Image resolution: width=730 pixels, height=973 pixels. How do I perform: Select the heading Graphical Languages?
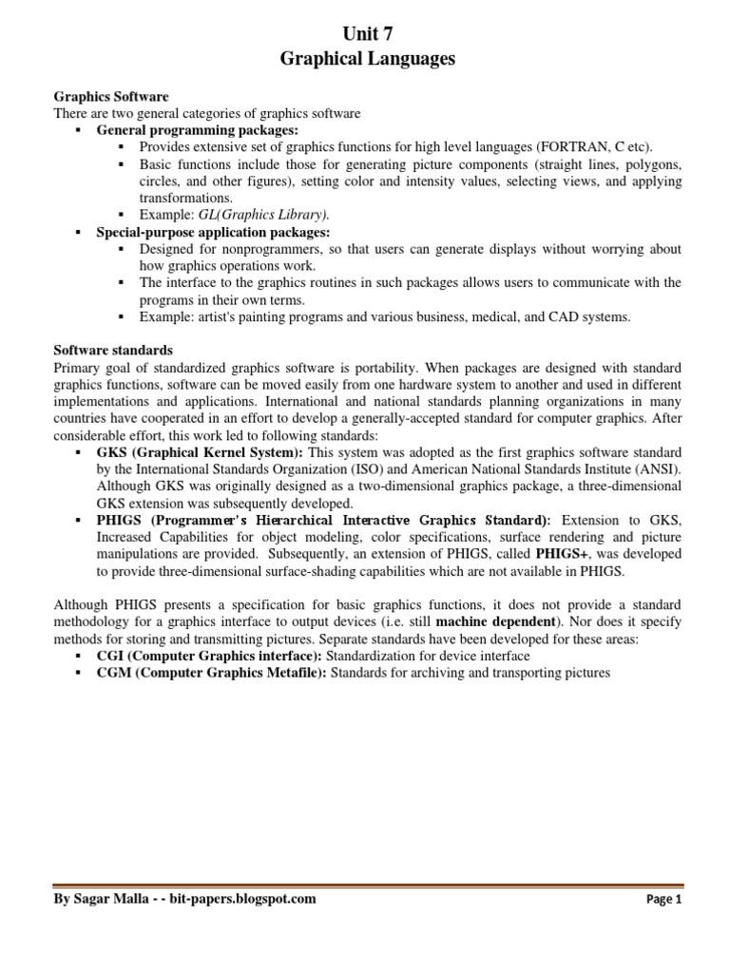(x=367, y=60)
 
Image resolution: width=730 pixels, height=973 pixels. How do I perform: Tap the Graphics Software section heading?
(x=110, y=97)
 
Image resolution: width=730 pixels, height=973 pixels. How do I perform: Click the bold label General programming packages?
(x=197, y=130)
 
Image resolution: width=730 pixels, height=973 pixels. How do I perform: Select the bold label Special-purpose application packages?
(x=213, y=232)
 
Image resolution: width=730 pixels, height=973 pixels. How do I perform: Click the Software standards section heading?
(x=112, y=351)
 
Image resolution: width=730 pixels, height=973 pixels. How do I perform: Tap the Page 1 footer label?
(x=664, y=899)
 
